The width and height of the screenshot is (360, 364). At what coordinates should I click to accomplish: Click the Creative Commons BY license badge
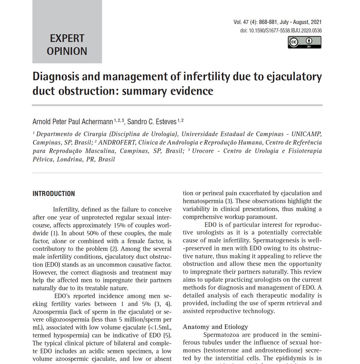click(304, 42)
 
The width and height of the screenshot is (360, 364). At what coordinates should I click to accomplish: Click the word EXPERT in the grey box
click(67, 38)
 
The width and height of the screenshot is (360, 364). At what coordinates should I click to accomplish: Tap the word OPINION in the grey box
click(67, 51)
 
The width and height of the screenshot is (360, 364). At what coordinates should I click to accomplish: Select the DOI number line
click(281, 30)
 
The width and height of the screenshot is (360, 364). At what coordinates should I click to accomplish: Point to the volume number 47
click(246, 22)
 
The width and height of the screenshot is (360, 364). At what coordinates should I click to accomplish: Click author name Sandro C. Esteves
click(152, 122)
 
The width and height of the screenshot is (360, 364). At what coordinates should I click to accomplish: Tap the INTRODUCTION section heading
click(54, 194)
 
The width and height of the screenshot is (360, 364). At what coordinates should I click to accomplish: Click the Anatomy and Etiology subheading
click(215, 327)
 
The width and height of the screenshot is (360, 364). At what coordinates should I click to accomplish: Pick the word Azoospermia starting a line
click(49, 312)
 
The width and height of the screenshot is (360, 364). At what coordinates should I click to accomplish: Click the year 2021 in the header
click(316, 22)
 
